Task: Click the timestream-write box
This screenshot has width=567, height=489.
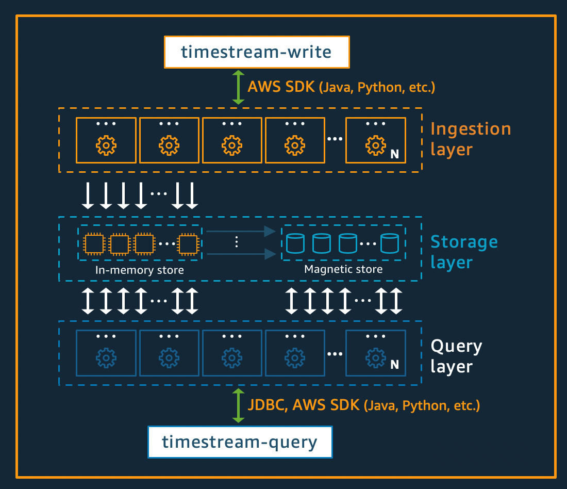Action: pyautogui.click(x=257, y=52)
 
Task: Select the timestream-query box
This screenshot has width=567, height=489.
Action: pyautogui.click(x=240, y=442)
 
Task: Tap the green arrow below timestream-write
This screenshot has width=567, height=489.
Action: pyautogui.click(x=238, y=88)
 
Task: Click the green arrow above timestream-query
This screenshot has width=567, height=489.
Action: pyautogui.click(x=238, y=406)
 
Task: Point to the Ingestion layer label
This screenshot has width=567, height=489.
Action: pyautogui.click(x=470, y=139)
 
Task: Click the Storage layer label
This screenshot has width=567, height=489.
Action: pyautogui.click(x=464, y=252)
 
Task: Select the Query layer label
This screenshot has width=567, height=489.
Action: pyautogui.click(x=456, y=356)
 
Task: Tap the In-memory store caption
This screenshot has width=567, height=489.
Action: pyautogui.click(x=140, y=270)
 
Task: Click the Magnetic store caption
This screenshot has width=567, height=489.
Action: pyautogui.click(x=343, y=269)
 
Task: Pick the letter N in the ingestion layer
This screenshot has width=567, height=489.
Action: pyautogui.click(x=394, y=154)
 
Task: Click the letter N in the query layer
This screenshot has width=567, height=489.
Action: pyautogui.click(x=394, y=365)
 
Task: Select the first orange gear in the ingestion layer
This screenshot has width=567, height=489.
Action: pyautogui.click(x=106, y=146)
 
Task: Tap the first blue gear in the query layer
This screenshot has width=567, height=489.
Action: pyautogui.click(x=106, y=357)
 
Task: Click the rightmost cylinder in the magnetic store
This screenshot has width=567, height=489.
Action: pyautogui.click(x=390, y=243)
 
